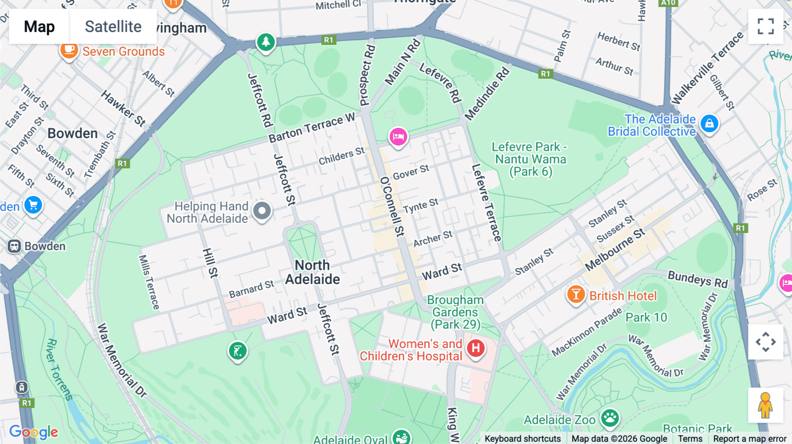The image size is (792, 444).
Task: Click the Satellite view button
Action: [113, 26]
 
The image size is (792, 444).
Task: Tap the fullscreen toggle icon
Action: [766, 26]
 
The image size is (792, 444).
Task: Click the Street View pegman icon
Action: [765, 405]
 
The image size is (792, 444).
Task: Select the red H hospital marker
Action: [476, 349]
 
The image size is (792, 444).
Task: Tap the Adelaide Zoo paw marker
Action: [610, 418]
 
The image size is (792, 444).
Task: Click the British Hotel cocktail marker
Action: [576, 295]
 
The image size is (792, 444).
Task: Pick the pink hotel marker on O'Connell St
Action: [398, 137]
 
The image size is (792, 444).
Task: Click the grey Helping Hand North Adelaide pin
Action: [262, 211]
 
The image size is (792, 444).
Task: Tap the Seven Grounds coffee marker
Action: [69, 51]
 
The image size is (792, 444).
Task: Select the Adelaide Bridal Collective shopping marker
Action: [709, 124]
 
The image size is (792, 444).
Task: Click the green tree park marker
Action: [266, 43]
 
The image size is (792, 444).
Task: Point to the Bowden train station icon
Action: [14, 246]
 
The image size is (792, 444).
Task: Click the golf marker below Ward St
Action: [238, 351]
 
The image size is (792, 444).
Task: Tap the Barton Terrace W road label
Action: [312, 128]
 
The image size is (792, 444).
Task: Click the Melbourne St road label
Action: [615, 249]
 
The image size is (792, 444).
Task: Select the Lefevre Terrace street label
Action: [486, 203]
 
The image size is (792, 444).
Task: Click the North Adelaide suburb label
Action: [312, 272]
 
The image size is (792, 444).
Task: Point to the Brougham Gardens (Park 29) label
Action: [455, 312]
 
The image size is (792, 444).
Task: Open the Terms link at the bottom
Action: [690, 439]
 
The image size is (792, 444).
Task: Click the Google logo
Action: [34, 432]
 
